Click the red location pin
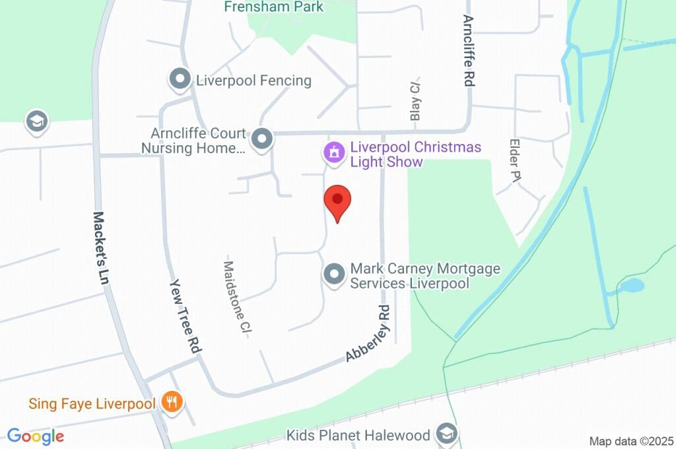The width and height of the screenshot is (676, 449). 337,202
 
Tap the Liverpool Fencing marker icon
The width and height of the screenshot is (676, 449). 179,80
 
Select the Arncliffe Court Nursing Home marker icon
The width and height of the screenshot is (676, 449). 263,139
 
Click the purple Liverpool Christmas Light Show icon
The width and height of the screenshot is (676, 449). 334,153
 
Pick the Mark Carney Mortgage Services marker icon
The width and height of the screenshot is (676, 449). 334,274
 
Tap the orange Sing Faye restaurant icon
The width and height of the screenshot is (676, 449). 172,402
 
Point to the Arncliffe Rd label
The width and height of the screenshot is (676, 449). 469,51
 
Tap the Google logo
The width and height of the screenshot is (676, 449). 36,436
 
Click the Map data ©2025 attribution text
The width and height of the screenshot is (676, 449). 630,441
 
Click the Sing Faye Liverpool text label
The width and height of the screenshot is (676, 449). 92,403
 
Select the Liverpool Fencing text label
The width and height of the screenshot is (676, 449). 253,81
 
